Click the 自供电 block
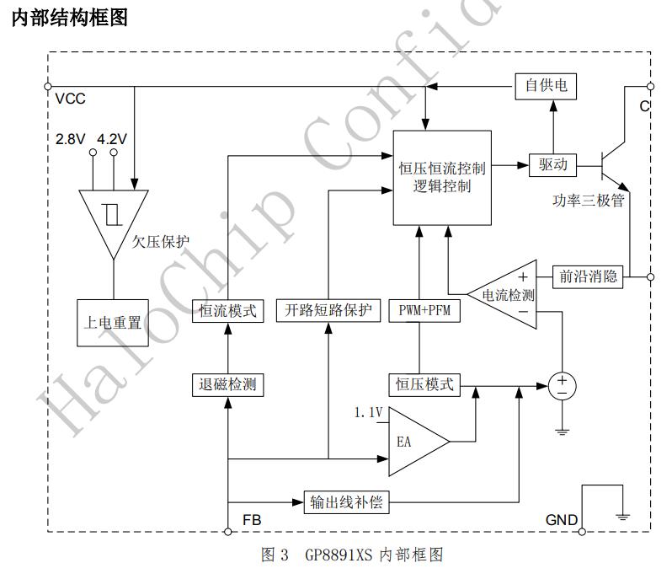(546, 85)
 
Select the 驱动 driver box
(552, 164)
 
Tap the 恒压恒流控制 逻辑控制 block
(441, 177)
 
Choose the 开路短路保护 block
(328, 310)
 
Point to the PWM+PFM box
(425, 310)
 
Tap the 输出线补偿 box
(346, 502)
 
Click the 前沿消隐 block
(588, 276)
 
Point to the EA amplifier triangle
(413, 440)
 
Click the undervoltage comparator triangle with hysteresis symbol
(111, 217)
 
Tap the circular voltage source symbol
(562, 386)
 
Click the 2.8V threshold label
(71, 139)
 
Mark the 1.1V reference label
(367, 412)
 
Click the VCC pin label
(70, 99)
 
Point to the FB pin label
(251, 520)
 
